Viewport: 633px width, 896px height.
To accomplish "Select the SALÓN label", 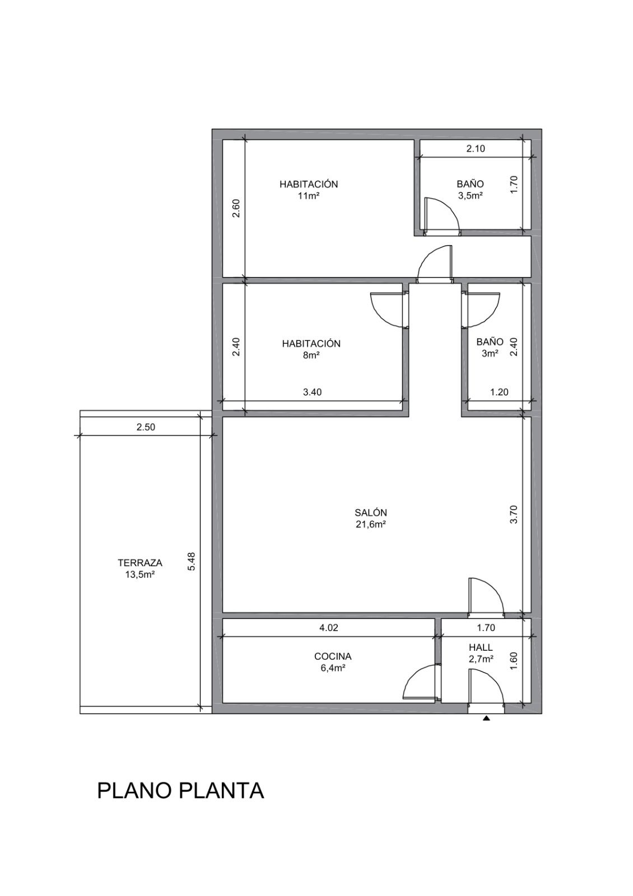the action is coord(370,512).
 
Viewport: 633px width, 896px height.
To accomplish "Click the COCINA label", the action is coord(333,656).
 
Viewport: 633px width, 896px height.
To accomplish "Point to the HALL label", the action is coord(481,647).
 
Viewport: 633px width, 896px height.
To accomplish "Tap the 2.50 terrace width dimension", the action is coord(146,427).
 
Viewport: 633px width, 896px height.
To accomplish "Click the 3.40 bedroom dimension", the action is coord(313,392).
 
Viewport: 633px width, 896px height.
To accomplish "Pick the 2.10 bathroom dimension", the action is coord(476,149).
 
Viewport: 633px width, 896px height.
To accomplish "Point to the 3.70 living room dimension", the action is coord(515,515).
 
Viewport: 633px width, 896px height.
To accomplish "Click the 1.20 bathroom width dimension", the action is coord(499,392).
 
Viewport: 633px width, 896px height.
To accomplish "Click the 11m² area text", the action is coord(309,196).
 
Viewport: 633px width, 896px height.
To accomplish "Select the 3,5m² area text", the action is coord(470,196).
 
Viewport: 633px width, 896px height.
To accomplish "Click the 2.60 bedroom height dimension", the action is coord(236,208).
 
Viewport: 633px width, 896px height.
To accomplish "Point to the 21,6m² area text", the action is coord(370,524).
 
